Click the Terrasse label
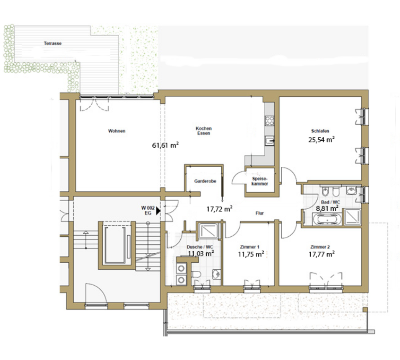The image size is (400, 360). point(53,43)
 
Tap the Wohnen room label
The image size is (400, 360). point(117,131)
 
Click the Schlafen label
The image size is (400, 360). point(320,131)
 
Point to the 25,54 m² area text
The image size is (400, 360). point(322,139)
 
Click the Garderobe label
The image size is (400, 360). point(205,181)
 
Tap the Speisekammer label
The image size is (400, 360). point(260,181)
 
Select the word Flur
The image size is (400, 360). point(260,213)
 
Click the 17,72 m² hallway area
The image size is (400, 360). point(219,209)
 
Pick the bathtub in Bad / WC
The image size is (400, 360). point(327,219)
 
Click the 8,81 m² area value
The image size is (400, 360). point(327,208)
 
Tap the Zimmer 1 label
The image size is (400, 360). point(250,247)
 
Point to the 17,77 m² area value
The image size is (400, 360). point(322,254)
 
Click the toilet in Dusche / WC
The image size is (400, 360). point(196,274)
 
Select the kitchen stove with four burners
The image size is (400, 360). point(269,121)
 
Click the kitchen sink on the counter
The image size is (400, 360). point(269,140)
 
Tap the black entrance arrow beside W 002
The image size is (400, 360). point(158,211)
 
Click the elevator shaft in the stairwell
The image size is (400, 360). point(117,245)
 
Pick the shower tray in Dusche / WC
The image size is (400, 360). point(208,231)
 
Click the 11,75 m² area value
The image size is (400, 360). point(251,254)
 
